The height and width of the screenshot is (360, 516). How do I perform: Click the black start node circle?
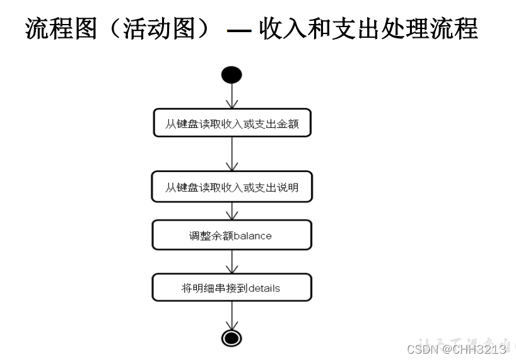pyautogui.click(x=232, y=75)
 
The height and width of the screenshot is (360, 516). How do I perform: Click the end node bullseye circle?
pyautogui.click(x=232, y=338)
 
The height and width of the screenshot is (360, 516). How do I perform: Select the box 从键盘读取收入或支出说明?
pyautogui.click(x=232, y=187)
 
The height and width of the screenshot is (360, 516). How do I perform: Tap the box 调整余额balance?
pyautogui.click(x=232, y=235)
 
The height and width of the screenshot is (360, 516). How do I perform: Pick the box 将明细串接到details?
pyautogui.click(x=232, y=288)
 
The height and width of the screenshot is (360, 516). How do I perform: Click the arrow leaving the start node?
pyautogui.click(x=232, y=96)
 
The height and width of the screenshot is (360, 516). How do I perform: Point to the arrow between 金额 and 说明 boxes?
pyautogui.click(x=232, y=154)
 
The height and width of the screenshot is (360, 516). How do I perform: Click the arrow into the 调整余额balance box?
pyautogui.click(x=232, y=211)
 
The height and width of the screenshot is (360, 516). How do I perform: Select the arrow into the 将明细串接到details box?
pyautogui.click(x=232, y=262)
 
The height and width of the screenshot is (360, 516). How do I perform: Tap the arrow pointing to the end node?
pyautogui.click(x=232, y=315)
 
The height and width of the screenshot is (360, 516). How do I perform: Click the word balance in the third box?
pyautogui.click(x=252, y=236)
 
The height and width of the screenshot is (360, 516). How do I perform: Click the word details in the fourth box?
pyautogui.click(x=264, y=289)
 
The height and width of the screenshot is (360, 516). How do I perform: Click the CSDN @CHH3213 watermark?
pyautogui.click(x=457, y=349)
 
